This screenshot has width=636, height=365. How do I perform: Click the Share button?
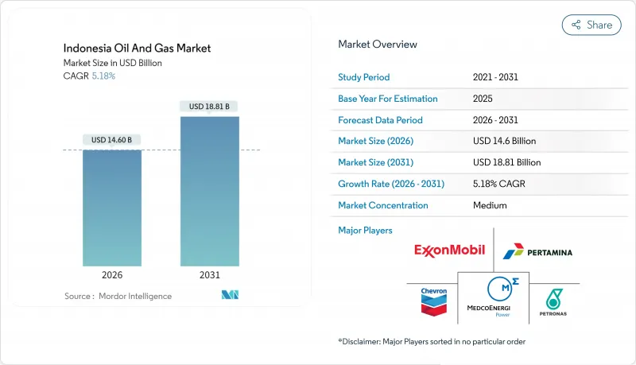point(591,25)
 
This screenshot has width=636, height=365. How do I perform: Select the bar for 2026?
point(112,208)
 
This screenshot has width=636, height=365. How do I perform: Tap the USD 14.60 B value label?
point(112,140)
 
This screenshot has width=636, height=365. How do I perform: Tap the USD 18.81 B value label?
point(210,107)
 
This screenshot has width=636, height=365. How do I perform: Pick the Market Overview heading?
point(377,45)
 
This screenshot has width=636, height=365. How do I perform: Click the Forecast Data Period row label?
point(380,120)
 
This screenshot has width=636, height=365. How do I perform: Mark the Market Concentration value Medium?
point(490,205)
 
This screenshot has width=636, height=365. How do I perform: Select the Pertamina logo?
point(537,252)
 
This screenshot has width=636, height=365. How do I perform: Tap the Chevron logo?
point(433,300)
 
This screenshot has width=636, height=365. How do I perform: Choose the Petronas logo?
point(554,300)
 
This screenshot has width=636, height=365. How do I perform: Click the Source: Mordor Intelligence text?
point(118,296)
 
